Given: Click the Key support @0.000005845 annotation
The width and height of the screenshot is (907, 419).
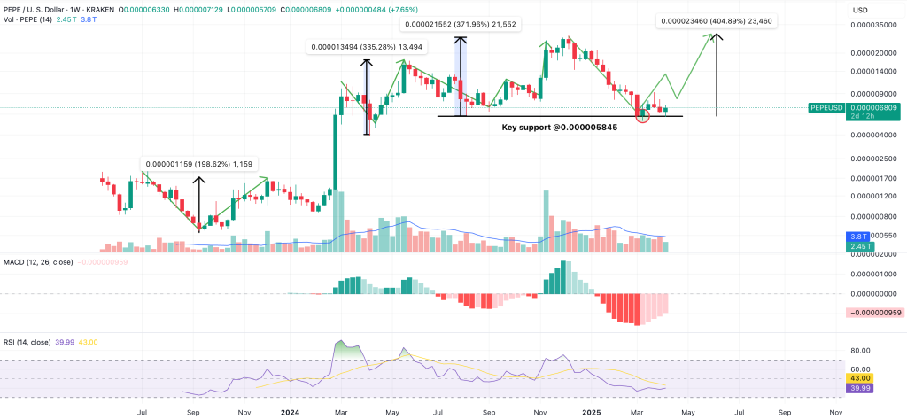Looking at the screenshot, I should click(x=559, y=128).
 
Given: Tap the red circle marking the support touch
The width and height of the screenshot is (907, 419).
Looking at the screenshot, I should click(x=643, y=115).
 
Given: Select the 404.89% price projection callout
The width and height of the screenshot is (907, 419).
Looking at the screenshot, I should click(x=717, y=21).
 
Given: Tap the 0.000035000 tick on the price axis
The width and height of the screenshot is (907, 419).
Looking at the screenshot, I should click(x=871, y=27).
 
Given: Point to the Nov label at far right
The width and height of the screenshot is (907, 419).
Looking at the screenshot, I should click(x=834, y=412).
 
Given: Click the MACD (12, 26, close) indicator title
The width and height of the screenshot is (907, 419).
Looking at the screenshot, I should click(x=38, y=262).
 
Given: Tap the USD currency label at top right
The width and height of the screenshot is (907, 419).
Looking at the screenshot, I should click(x=859, y=9).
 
